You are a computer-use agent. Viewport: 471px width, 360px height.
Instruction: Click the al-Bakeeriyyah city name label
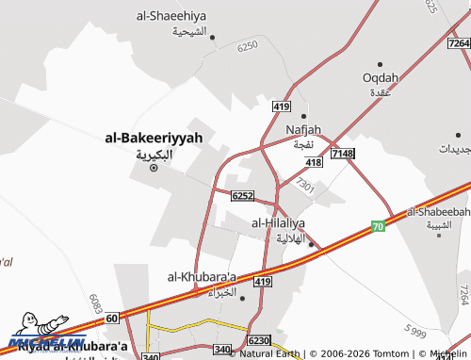[154, 138]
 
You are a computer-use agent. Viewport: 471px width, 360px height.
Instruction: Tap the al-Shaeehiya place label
[171, 16]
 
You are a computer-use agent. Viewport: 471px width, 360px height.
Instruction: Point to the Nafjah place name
[303, 129]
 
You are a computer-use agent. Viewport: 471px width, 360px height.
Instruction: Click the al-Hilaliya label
[278, 222]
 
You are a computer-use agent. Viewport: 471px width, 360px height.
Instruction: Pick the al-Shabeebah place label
[439, 212]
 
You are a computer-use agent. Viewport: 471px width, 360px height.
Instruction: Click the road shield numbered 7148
[342, 154]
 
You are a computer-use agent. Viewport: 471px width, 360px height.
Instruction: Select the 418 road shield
[314, 163]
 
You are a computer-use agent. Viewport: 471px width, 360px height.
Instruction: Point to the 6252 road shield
[242, 196]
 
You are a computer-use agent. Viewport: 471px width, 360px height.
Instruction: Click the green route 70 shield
[378, 226]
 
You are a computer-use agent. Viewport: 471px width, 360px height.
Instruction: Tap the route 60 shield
[112, 319]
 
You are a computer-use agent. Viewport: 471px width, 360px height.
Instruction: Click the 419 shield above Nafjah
[281, 107]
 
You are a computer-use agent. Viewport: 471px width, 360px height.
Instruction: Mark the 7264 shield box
[459, 44]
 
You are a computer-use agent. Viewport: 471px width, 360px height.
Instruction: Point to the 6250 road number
[248, 46]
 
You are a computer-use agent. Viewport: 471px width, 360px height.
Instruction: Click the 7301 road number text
[304, 187]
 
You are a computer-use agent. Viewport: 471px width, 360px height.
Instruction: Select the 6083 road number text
[96, 303]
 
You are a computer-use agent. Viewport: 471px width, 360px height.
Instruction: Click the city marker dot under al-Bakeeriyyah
[154, 170]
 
